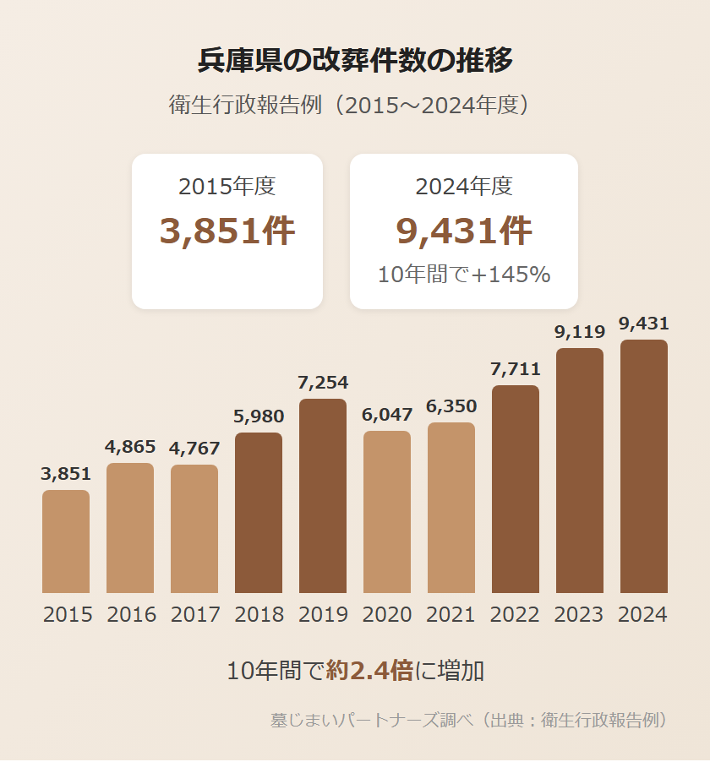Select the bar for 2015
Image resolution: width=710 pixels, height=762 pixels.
pyautogui.click(x=66, y=542)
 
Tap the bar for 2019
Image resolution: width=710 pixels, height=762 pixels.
pyautogui.click(x=323, y=496)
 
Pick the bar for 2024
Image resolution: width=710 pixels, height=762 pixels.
pyautogui.click(x=644, y=466)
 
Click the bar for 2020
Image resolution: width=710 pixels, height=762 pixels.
pyautogui.click(x=387, y=512)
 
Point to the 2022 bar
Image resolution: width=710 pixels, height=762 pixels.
pyautogui.click(x=516, y=489)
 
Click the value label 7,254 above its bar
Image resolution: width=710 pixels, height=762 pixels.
pyautogui.click(x=323, y=384)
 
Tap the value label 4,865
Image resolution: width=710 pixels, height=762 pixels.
pyautogui.click(x=130, y=448)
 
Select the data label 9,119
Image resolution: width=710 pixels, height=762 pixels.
pyautogui.click(x=580, y=333)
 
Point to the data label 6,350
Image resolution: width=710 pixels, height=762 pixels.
pyautogui.click(x=451, y=407)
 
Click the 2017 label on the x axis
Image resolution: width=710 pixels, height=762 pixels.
pyautogui.click(x=194, y=615)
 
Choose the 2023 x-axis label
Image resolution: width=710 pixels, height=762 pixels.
pyautogui.click(x=580, y=615)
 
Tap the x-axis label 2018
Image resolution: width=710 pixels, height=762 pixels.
pyautogui.click(x=259, y=615)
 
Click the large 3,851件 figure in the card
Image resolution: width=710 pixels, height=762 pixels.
pyautogui.click(x=227, y=231)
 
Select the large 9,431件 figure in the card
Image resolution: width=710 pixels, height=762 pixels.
pyautogui.click(x=464, y=231)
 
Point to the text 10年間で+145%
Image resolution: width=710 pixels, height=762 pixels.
pyautogui.click(x=464, y=275)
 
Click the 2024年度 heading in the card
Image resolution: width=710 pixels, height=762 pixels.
pyautogui.click(x=464, y=187)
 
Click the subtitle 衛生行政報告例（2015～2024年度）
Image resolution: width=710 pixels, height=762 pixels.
pyautogui.click(x=355, y=106)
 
